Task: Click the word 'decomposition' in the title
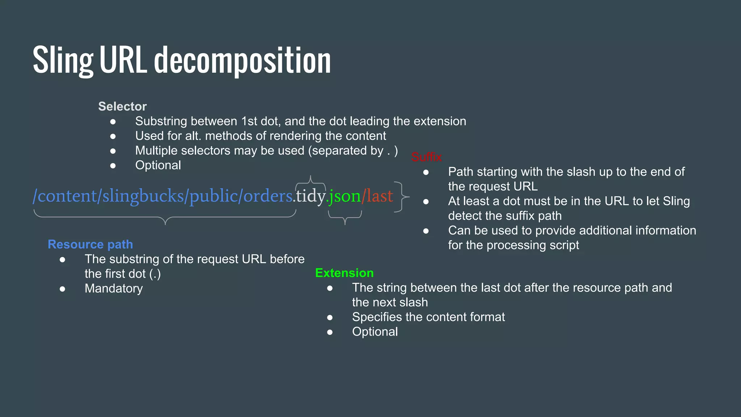[242, 61]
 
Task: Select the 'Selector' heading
[122, 106]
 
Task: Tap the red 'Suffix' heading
[426, 157]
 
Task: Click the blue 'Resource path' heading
[90, 244]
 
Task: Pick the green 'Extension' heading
[344, 273]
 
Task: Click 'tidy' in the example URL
[310, 196]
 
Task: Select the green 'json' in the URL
[345, 196]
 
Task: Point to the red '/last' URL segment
[377, 196]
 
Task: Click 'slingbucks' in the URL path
[143, 196]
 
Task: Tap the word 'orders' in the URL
[268, 196]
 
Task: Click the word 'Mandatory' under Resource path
[114, 288]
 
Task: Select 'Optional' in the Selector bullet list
[158, 165]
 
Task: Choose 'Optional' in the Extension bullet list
[375, 332]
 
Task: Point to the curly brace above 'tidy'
[310, 181]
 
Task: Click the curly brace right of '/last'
[401, 197]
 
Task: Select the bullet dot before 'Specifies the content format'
[330, 317]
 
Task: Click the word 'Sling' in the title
[63, 61]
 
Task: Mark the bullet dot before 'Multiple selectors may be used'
[113, 151]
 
